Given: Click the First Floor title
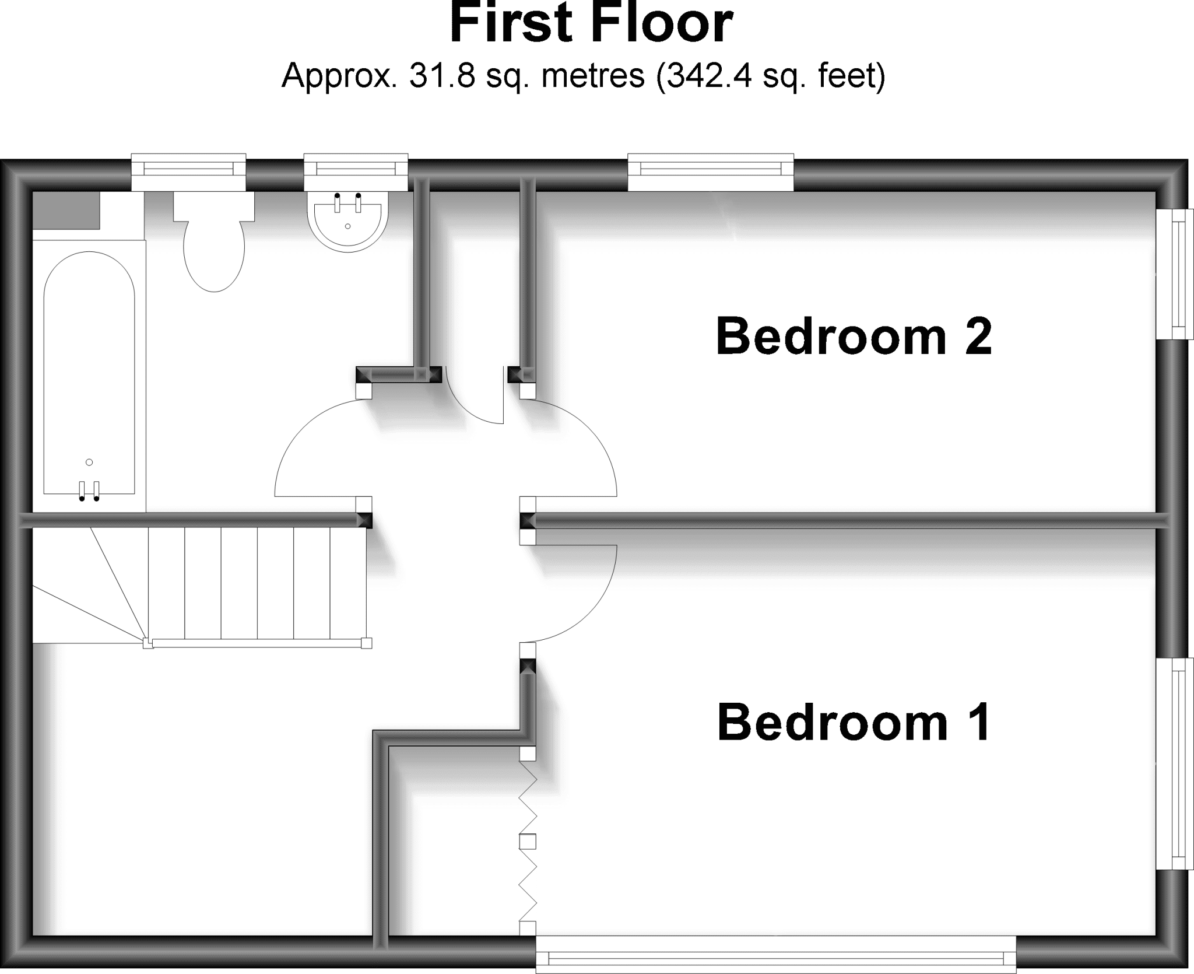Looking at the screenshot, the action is tap(591, 23).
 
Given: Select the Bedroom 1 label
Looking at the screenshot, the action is tap(854, 722).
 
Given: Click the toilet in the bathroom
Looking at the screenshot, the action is tap(214, 241).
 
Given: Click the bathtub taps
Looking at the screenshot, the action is tap(89, 490).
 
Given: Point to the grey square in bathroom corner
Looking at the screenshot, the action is tap(66, 210).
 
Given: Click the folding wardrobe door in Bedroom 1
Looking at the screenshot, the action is tap(528, 842).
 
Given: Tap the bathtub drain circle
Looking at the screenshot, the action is tap(89, 463).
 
